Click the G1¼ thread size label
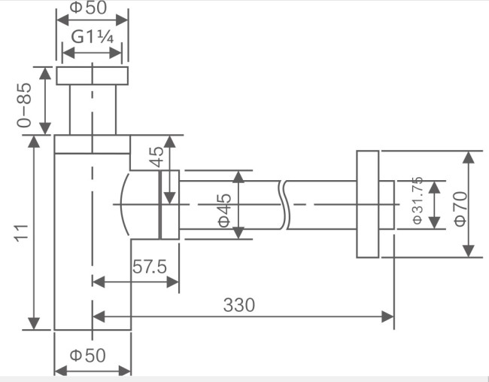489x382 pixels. coord(92,38)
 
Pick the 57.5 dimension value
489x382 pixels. coord(150,267)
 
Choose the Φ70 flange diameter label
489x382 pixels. coord(460,205)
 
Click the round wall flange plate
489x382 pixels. coord(367,204)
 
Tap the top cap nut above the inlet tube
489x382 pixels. coord(92,75)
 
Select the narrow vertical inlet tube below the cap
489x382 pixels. coord(92,109)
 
